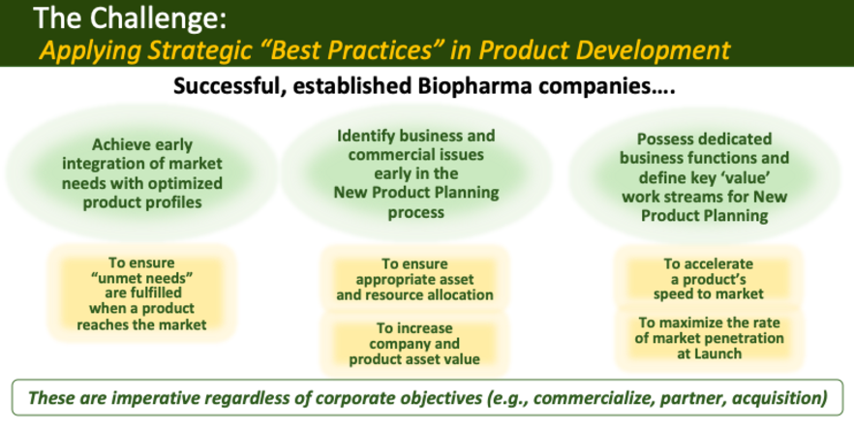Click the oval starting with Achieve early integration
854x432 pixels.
[x=142, y=173]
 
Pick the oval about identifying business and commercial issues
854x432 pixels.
[x=416, y=173]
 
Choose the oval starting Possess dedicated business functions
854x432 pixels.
[x=704, y=176]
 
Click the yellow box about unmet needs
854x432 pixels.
[x=141, y=293]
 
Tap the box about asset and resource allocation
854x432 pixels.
[x=414, y=279]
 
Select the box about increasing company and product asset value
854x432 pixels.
[x=414, y=344]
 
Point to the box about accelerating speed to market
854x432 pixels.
[x=709, y=278]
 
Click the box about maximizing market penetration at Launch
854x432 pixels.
[x=709, y=338]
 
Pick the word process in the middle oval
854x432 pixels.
[x=416, y=212]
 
